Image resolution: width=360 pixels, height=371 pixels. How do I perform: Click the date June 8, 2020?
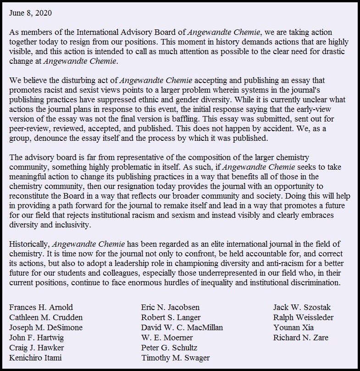31,13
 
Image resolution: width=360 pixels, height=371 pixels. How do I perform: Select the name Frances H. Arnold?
41,307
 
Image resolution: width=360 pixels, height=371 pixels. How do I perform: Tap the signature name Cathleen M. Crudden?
46,317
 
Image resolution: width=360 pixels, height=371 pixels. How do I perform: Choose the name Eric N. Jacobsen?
170,307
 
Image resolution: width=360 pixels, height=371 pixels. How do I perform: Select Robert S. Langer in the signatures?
171,317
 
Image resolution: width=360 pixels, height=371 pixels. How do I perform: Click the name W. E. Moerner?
167,338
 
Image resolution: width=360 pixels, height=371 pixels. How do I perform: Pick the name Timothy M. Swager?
176,358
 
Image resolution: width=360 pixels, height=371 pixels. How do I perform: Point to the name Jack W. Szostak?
302,307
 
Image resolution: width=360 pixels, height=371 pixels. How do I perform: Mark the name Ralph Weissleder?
303,317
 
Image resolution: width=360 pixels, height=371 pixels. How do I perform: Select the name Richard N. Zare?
301,338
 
